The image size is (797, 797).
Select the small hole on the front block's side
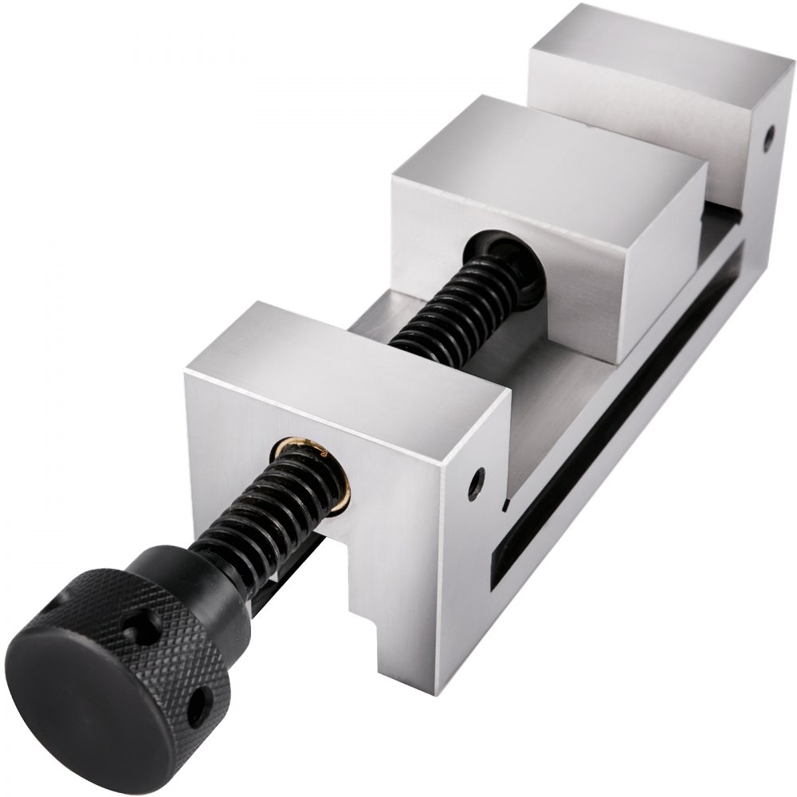tap(476, 481)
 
